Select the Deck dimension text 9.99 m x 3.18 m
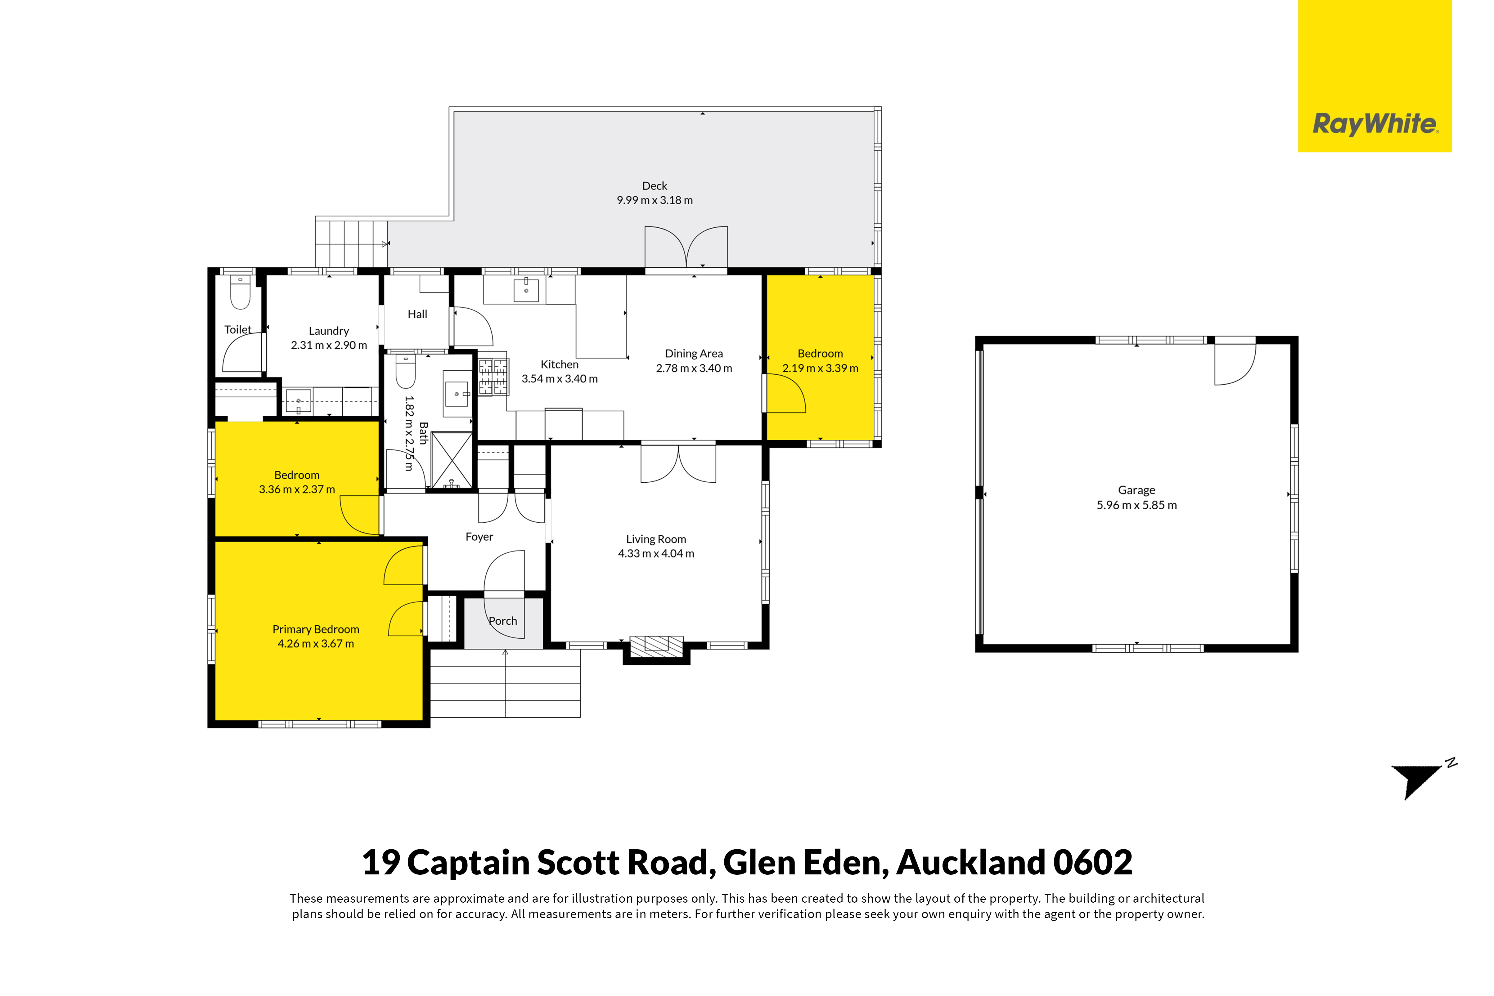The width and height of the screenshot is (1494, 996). [x=655, y=200]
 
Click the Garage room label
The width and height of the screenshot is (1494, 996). [x=1137, y=490]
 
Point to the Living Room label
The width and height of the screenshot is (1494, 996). [x=656, y=539]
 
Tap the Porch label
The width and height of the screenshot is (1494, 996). [x=503, y=621]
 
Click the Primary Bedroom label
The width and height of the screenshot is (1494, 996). [x=316, y=629]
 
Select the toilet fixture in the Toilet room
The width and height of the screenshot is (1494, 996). [x=240, y=292]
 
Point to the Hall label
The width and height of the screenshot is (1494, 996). [x=417, y=315]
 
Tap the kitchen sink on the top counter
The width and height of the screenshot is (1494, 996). [x=526, y=290]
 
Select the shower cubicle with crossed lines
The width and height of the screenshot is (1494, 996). [x=452, y=461]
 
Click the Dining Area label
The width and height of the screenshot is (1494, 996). [x=694, y=354]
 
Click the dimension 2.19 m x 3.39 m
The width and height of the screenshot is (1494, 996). [x=821, y=368]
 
